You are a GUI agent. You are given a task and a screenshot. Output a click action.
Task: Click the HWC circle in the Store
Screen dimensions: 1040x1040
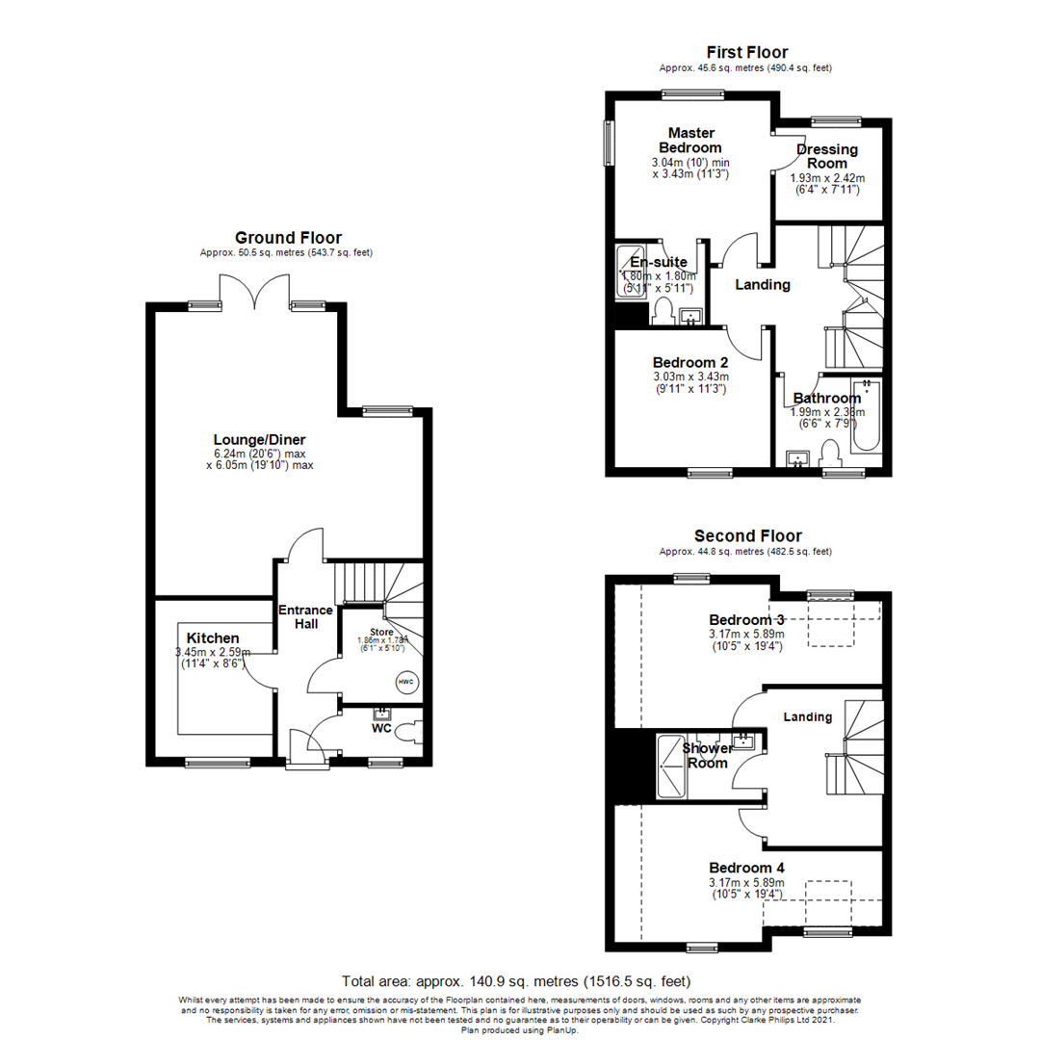[405, 683]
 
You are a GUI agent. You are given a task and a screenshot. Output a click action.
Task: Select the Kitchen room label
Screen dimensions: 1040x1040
[213, 638]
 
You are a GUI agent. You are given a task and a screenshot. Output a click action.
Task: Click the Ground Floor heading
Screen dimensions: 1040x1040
[288, 238]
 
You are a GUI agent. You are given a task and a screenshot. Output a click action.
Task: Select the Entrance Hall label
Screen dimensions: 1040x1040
[305, 616]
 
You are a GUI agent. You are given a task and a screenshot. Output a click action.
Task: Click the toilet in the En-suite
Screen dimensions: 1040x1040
[662, 310]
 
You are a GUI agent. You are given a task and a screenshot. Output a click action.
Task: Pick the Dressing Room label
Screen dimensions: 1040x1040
[827, 156]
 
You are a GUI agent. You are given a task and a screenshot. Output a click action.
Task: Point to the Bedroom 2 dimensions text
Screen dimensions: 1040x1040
[690, 382]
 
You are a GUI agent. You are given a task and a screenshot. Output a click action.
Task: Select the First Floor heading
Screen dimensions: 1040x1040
[746, 52]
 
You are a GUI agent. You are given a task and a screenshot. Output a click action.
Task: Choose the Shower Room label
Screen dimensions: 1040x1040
[707, 754]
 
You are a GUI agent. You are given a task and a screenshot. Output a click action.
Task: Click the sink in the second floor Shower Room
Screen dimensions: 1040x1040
[744, 741]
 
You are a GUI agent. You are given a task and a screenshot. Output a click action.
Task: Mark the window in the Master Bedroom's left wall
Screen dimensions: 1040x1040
[609, 143]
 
